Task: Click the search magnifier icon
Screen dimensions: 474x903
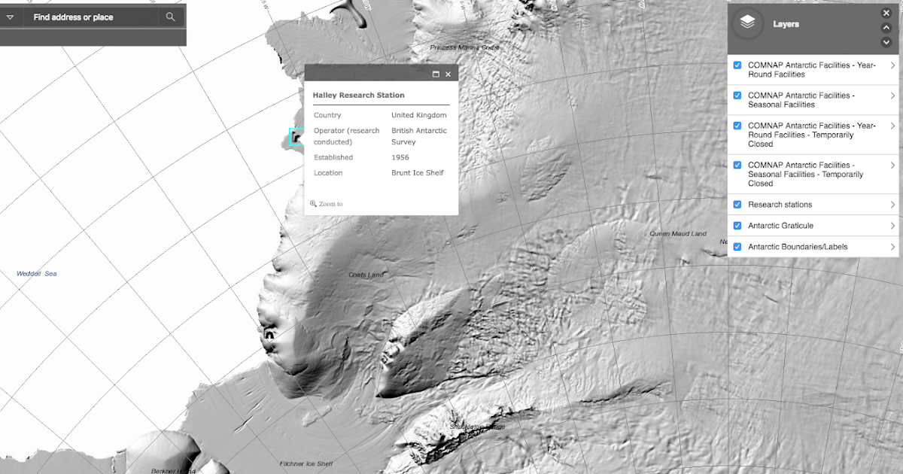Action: (171, 17)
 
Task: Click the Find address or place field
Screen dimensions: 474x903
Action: (90, 17)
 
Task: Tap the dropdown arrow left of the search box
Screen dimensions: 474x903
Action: (10, 17)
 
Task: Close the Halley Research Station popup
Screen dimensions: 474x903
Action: (448, 74)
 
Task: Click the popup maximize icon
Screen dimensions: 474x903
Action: (436, 74)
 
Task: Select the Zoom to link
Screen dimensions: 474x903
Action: (327, 204)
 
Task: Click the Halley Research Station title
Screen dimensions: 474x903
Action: (358, 96)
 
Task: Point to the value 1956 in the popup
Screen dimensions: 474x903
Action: (400, 157)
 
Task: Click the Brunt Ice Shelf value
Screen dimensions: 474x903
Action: (417, 172)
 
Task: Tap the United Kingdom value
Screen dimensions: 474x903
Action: (418, 115)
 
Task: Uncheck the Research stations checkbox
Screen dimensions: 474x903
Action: (737, 205)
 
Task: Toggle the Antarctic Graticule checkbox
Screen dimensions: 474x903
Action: (737, 226)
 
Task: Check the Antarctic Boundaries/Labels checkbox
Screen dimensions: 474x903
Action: (737, 247)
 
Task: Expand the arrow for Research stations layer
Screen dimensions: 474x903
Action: (892, 205)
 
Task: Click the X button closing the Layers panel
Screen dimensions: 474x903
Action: (886, 13)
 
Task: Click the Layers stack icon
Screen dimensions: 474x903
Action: (747, 23)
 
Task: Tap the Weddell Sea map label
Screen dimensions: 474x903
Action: (37, 274)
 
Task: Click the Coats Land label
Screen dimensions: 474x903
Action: (366, 275)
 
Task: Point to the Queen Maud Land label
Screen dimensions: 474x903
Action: (678, 234)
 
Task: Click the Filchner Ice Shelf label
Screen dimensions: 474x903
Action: (306, 464)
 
